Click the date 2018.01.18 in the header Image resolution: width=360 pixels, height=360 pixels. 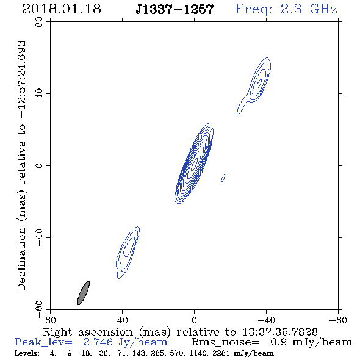[x=62, y=9]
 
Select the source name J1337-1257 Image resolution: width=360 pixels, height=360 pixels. [x=175, y=9]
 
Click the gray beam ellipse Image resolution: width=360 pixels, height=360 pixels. [x=83, y=293]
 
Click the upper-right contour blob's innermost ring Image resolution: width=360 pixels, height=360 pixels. [x=259, y=84]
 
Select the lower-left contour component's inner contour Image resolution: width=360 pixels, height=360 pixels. [x=129, y=247]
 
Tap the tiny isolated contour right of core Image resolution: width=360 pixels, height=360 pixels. [x=223, y=178]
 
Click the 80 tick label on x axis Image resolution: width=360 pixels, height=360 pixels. [x=50, y=320]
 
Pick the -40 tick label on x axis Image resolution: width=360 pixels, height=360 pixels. [x=266, y=320]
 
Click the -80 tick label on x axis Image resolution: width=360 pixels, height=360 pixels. [x=338, y=320]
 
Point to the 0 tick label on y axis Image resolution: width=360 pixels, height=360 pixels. [x=39, y=165]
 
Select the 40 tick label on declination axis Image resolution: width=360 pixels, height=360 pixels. [x=39, y=94]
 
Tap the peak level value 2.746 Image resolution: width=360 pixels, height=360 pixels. [x=98, y=342]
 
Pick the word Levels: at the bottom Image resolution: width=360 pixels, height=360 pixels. [x=27, y=353]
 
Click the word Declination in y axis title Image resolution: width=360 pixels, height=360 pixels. [x=21, y=259]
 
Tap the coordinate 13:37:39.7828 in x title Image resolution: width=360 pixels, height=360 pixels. [x=280, y=332]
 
